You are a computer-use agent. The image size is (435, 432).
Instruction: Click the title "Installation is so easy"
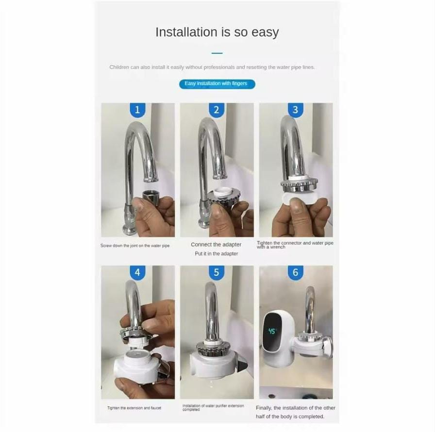217,32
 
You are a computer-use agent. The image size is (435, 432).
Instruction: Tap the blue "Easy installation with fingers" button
216,83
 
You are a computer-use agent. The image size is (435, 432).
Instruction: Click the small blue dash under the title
217,53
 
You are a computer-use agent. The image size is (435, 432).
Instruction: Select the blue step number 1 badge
137,110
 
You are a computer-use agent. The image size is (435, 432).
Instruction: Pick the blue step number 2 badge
217,110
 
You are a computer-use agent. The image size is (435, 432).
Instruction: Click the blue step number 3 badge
295,110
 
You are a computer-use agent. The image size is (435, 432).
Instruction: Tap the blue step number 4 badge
137,273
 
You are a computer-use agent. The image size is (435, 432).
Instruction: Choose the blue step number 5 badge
217,273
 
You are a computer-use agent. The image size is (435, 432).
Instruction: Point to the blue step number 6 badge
295,273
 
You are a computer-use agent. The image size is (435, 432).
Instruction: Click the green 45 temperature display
272,331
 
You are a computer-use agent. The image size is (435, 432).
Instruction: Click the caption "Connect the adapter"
216,245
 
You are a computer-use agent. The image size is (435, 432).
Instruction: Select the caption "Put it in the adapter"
216,253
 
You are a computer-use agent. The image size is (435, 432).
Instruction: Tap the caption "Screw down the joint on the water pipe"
135,246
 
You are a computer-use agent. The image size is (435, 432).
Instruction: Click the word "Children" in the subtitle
119,67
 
